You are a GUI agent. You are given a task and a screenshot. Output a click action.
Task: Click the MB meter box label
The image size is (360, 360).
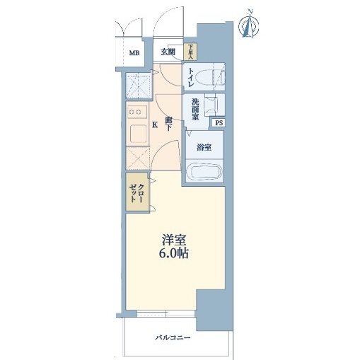tap(134, 53)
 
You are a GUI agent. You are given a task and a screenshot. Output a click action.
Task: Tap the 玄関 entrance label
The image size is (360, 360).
tap(168, 52)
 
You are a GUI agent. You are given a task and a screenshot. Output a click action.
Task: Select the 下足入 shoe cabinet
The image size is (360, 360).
tap(190, 52)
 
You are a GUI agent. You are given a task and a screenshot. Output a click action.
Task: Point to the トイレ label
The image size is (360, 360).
tap(191, 77)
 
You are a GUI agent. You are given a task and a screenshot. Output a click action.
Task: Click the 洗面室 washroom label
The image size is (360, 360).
tap(195, 110)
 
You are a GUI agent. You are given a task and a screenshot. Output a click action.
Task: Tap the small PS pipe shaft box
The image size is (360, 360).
tap(219, 123)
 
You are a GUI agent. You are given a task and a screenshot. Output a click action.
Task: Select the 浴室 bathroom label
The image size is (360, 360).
tap(204, 148)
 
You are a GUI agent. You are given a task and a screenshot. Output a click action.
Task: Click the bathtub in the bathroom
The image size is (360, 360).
tap(204, 171)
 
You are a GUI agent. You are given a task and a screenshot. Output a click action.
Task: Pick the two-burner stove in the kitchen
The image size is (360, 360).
tap(137, 112)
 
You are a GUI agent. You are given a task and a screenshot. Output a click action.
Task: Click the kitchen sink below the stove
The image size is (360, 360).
tap(138, 134)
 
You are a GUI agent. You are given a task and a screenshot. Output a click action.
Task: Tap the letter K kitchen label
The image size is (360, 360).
tap(155, 124)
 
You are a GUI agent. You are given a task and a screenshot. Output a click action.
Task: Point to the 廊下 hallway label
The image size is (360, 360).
tap(168, 124)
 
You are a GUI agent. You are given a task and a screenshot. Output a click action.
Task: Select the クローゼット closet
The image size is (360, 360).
tap(137, 192)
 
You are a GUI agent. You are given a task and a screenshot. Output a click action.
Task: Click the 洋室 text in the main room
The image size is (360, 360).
tap(174, 240)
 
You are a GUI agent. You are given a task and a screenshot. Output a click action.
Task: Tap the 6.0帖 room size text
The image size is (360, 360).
tap(174, 253)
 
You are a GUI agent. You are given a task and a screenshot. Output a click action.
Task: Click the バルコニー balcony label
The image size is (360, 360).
tap(173, 338)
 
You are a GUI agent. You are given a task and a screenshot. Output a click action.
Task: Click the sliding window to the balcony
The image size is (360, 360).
tap(166, 313)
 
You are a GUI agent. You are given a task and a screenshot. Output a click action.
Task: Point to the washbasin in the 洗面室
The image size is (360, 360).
tap(211, 105)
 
